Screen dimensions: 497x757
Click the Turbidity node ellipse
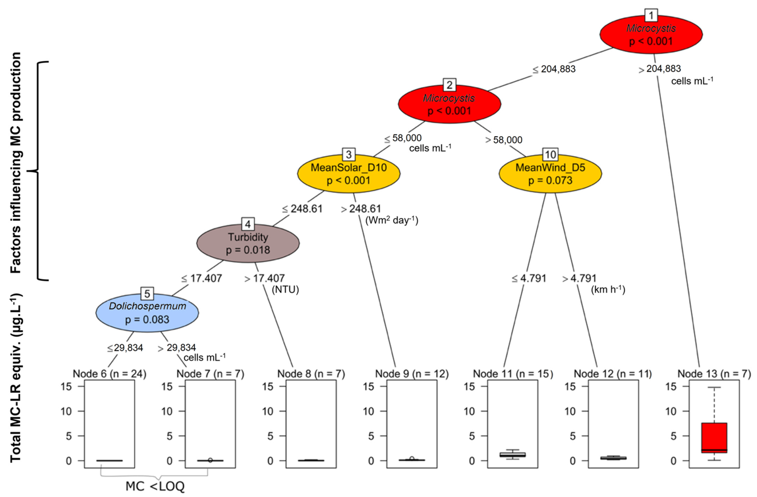coord(248,243)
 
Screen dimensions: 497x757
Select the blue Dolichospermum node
coord(147,313)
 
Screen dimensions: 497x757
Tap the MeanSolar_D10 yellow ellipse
coord(349,174)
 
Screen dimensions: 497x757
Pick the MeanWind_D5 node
coord(550,174)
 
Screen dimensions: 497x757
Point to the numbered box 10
coord(550,155)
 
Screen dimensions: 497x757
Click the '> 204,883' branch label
coord(660,69)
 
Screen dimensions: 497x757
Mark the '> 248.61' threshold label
coord(361,209)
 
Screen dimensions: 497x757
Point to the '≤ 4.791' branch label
coord(529,278)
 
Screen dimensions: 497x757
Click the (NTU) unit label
coord(285,290)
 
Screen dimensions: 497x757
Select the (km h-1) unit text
coord(608,290)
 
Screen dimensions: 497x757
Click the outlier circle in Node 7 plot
coord(210,460)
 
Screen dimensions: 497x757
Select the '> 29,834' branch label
coord(177,348)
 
